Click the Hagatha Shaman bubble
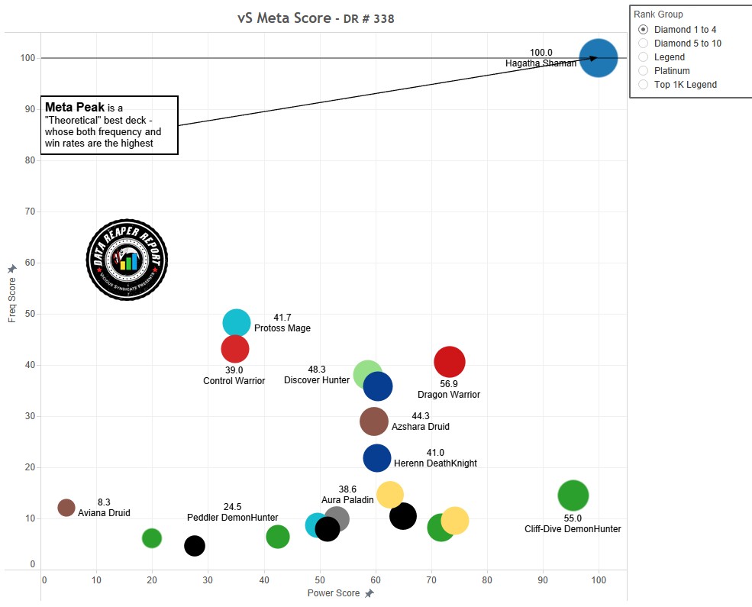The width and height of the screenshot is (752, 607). (x=598, y=58)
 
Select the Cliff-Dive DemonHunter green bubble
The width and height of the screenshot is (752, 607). (x=573, y=496)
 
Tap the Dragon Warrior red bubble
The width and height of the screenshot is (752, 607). (x=450, y=362)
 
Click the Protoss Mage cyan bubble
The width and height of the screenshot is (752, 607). (x=237, y=323)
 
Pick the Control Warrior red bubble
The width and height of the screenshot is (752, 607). (x=235, y=349)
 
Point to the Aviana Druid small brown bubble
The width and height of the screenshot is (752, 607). (x=66, y=508)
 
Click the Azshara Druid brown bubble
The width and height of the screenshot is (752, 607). (x=373, y=421)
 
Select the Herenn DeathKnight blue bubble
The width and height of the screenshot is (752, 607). (x=377, y=459)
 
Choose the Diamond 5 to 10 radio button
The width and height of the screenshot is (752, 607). (x=644, y=44)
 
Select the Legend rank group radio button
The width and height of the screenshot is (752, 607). (x=644, y=57)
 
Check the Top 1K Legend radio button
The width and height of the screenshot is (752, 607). (x=644, y=85)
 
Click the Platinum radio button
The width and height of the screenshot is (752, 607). (x=644, y=71)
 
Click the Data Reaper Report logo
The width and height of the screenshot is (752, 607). (x=127, y=261)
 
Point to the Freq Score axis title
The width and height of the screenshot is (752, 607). (x=12, y=299)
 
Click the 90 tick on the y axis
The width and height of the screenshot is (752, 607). (x=31, y=109)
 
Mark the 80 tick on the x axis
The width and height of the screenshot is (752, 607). (x=487, y=580)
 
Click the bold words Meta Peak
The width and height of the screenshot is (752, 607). (x=75, y=107)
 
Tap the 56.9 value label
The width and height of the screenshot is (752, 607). (x=449, y=384)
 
